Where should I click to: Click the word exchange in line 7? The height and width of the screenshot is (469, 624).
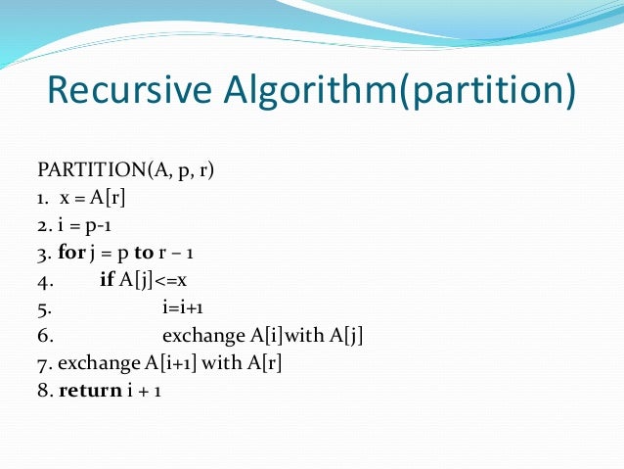(x=100, y=364)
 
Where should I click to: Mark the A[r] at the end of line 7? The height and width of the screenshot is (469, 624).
(x=272, y=364)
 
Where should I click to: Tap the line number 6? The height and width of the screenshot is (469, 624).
(x=44, y=337)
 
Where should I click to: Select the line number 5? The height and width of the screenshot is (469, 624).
(x=43, y=309)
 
